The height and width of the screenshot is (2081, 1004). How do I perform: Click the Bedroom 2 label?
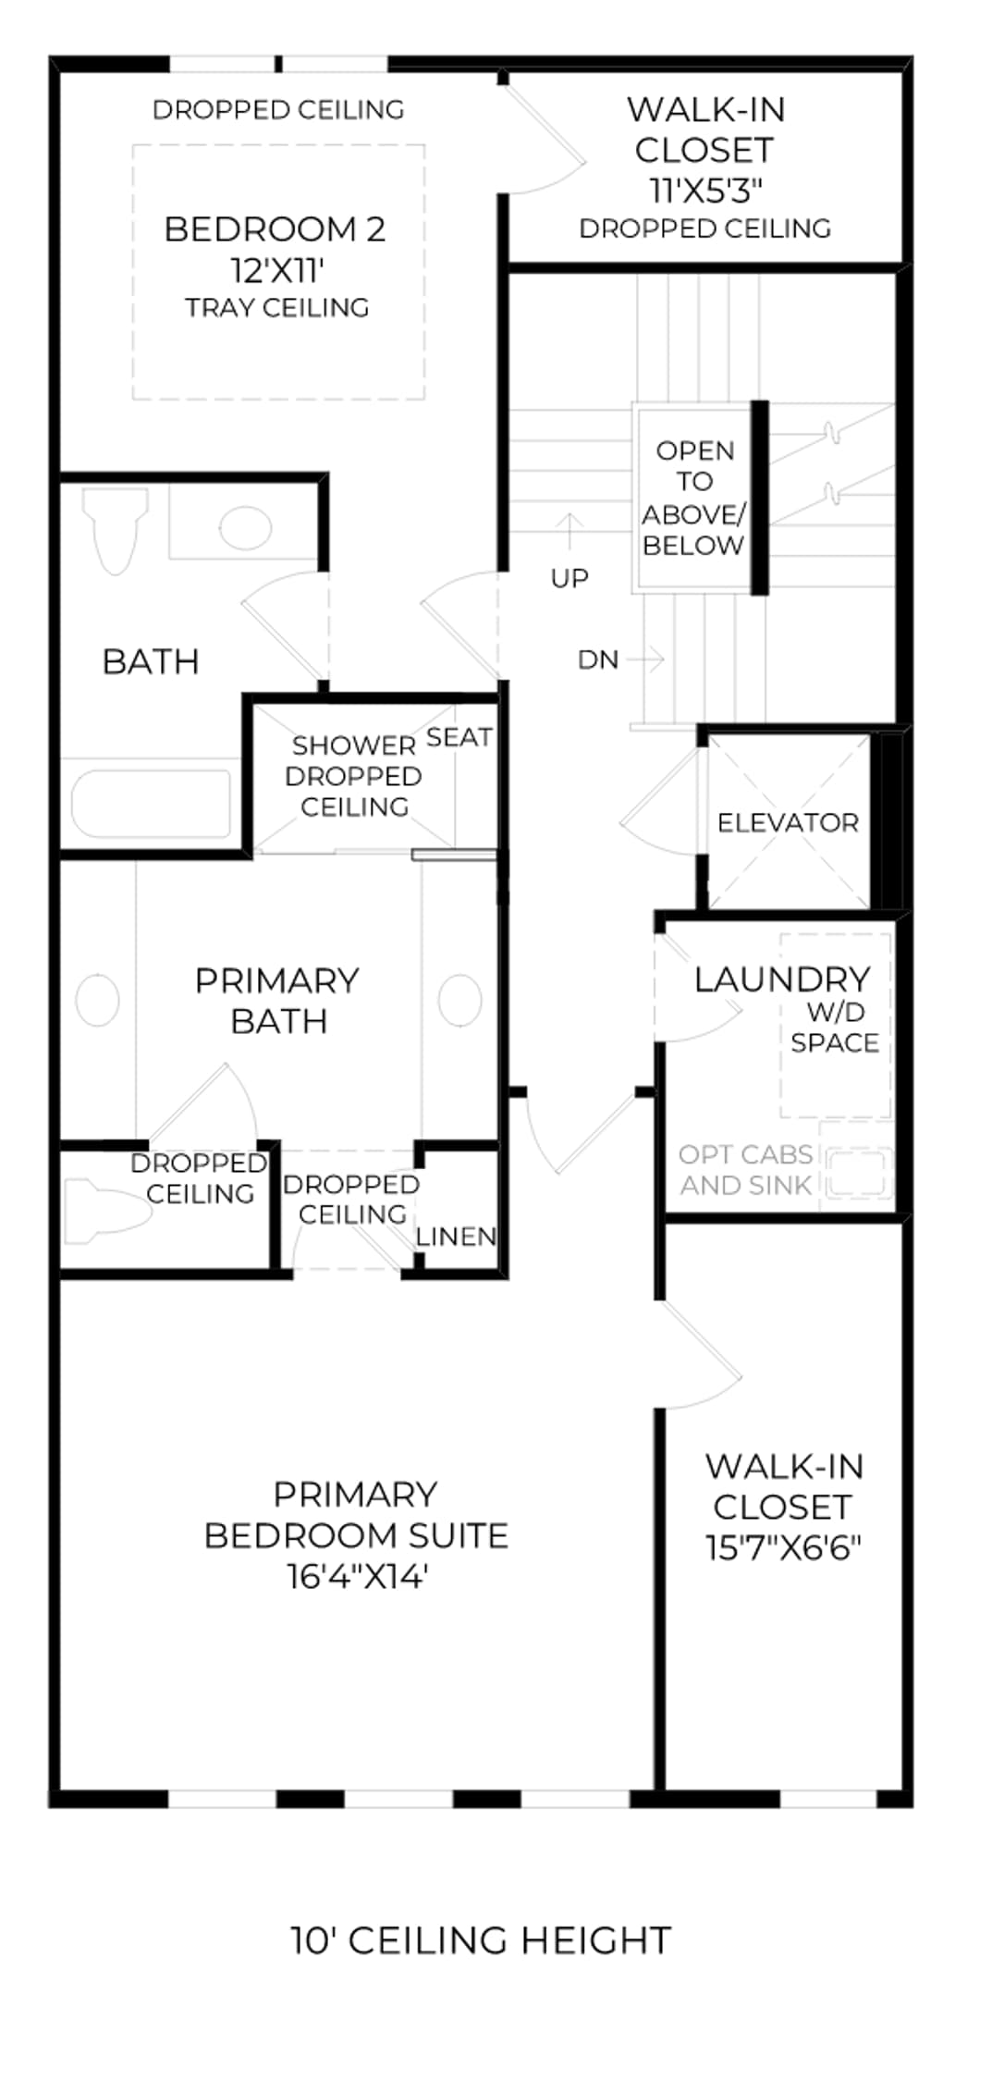[275, 228]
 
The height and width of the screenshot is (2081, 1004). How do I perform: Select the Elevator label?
[788, 822]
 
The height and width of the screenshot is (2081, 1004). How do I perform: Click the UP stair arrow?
[570, 533]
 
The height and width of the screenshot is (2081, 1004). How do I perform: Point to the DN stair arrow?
[645, 659]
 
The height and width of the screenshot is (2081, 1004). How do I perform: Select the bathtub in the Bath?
[152, 805]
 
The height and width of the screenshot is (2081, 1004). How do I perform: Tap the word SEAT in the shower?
[459, 737]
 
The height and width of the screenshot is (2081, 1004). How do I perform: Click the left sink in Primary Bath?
[97, 999]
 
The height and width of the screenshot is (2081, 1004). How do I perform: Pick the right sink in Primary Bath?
[459, 999]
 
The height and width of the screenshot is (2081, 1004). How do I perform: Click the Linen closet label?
[456, 1236]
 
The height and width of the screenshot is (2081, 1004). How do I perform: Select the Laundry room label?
[782, 979]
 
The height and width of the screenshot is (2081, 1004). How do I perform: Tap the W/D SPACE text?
[835, 1027]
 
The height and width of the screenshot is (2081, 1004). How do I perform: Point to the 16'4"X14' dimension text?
[357, 1575]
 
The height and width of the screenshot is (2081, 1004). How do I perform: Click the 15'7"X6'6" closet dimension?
[783, 1547]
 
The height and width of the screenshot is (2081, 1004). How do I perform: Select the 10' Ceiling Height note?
[481, 1939]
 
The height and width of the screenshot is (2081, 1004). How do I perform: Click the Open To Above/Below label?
[694, 498]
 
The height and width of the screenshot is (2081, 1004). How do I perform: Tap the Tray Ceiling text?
[276, 307]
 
